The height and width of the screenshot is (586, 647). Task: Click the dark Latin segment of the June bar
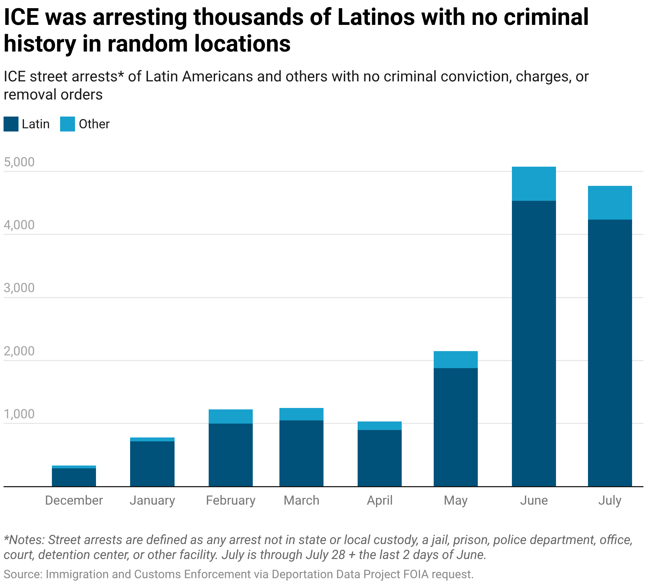pyautogui.click(x=534, y=343)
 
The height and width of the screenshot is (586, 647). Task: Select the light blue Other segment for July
pyautogui.click(x=610, y=203)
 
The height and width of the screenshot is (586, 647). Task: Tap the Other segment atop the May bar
pyautogui.click(x=455, y=359)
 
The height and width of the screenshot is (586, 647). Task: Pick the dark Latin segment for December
pyautogui.click(x=74, y=477)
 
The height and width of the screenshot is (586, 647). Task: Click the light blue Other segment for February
pyautogui.click(x=230, y=416)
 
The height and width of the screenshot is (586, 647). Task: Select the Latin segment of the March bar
pyautogui.click(x=301, y=453)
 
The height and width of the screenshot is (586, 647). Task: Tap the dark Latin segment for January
pyautogui.click(x=152, y=463)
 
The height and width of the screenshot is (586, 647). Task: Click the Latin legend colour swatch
pyautogui.click(x=11, y=124)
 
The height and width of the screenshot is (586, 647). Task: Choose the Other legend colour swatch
pyautogui.click(x=68, y=124)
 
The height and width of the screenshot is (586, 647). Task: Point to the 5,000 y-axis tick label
pyautogui.click(x=19, y=162)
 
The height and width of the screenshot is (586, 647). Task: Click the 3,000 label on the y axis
pyautogui.click(x=19, y=288)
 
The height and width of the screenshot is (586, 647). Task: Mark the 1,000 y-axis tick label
pyautogui.click(x=19, y=414)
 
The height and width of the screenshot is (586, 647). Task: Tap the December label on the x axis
pyautogui.click(x=74, y=500)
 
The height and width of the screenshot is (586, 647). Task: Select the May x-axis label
pyautogui.click(x=455, y=500)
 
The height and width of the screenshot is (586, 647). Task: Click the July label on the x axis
pyautogui.click(x=610, y=500)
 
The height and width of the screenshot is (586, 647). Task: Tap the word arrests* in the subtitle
pyautogui.click(x=97, y=76)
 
